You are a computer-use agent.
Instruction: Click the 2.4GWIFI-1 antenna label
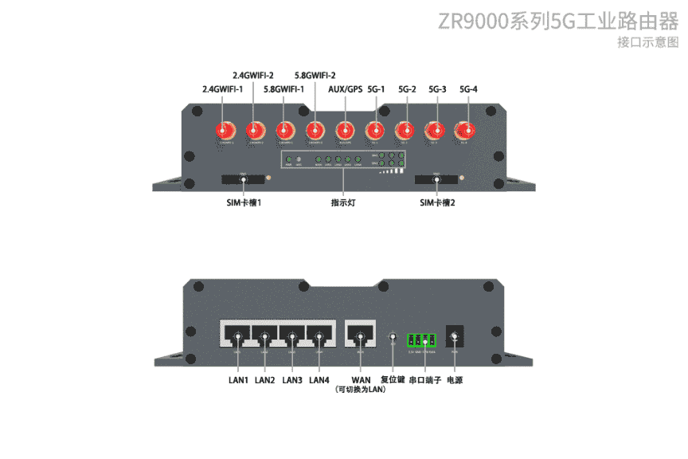point(223,89)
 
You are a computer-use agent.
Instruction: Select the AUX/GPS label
point(345,89)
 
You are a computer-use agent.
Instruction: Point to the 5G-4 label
point(468,89)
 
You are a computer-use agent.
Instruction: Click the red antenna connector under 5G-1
point(375,130)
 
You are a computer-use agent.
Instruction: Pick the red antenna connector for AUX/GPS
point(345,130)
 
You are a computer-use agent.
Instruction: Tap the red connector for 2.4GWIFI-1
point(225,130)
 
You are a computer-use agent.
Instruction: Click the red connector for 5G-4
point(463,130)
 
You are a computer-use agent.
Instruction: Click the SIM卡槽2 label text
point(437,203)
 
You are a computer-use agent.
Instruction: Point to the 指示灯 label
point(343,203)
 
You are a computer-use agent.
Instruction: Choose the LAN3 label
point(292,380)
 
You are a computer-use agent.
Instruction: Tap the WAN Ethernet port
point(361,334)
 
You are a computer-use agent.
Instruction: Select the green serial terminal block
point(422,339)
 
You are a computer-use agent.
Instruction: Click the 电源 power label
point(455,380)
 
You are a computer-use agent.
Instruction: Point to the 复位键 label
point(393,380)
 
